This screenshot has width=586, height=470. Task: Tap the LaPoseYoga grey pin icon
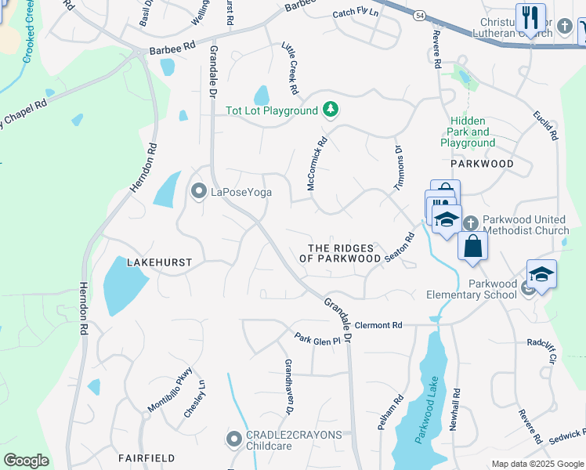click(199, 191)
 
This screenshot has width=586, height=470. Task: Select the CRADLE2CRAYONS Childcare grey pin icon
click(233, 439)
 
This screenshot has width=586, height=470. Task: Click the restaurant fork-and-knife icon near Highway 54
click(530, 18)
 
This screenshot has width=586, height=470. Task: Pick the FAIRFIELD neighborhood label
click(146, 457)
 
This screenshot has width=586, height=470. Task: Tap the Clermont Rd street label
click(378, 325)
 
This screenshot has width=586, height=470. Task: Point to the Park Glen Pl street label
click(317, 339)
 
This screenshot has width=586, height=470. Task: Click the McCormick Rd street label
click(316, 164)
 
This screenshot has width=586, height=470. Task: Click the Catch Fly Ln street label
click(355, 14)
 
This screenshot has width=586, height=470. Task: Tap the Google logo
click(26, 461)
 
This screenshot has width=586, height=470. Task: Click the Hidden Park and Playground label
click(468, 132)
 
